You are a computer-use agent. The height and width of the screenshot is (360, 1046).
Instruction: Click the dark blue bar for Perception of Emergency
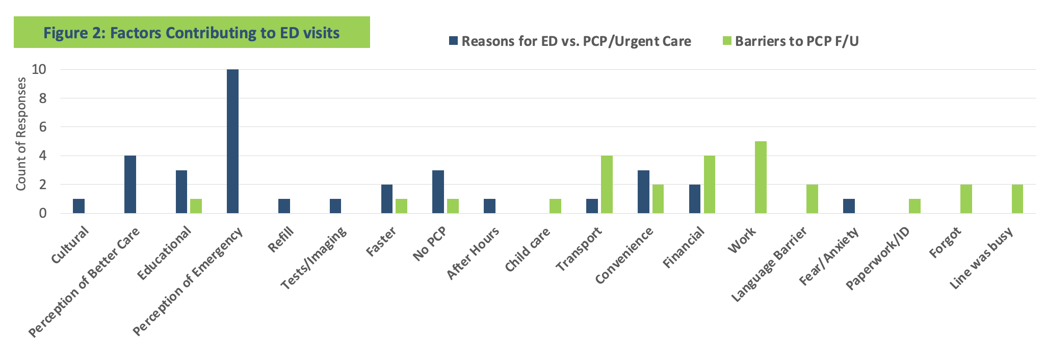(x=232, y=141)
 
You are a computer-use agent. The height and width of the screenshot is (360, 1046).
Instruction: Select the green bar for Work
(x=761, y=177)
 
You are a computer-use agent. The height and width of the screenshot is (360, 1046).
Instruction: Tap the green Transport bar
(x=607, y=184)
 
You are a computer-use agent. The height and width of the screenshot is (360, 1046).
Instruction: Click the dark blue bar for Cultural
(x=79, y=206)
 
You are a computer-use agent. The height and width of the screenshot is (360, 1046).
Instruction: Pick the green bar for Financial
(x=709, y=184)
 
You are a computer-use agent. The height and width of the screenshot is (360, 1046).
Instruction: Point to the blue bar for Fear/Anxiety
(x=849, y=206)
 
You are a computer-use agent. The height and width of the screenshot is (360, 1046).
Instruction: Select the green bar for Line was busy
(x=1017, y=199)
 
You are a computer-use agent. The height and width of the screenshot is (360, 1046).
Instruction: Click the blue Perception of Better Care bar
(x=130, y=184)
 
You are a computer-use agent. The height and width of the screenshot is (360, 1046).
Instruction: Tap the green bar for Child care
(x=555, y=206)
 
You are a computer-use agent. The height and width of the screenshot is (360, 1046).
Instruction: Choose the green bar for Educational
(x=196, y=206)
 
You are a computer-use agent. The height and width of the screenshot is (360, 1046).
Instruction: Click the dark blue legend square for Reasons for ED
(x=454, y=41)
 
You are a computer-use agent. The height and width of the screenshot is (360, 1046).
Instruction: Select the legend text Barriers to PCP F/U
(x=796, y=41)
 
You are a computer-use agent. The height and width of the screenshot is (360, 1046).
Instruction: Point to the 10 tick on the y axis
(x=39, y=70)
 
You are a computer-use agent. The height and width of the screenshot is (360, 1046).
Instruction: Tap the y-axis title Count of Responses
(x=21, y=134)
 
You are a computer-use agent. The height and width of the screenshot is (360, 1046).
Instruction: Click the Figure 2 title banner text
(x=191, y=33)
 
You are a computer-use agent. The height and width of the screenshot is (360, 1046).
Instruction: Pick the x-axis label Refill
(x=281, y=240)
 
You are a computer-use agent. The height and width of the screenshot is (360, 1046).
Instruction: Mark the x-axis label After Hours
(x=473, y=253)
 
